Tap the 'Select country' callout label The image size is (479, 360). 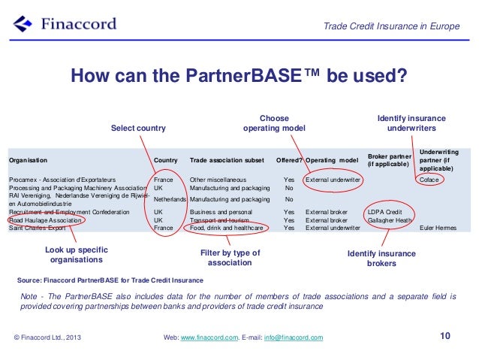coord(138,129)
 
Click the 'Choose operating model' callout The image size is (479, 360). coord(274,123)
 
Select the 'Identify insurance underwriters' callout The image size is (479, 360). coord(411,123)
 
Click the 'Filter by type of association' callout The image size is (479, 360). coord(230,258)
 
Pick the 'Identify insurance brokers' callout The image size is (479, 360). coord(381,259)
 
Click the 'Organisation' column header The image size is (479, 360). coord(28,160)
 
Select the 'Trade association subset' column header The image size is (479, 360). coord(227,160)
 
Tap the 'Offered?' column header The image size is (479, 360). coord(288,160)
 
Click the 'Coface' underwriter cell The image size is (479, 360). coord(429,180)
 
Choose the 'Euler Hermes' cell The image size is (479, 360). coord(438,228)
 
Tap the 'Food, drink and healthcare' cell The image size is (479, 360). coord(226,228)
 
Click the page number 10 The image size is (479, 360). coord(445,336)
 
